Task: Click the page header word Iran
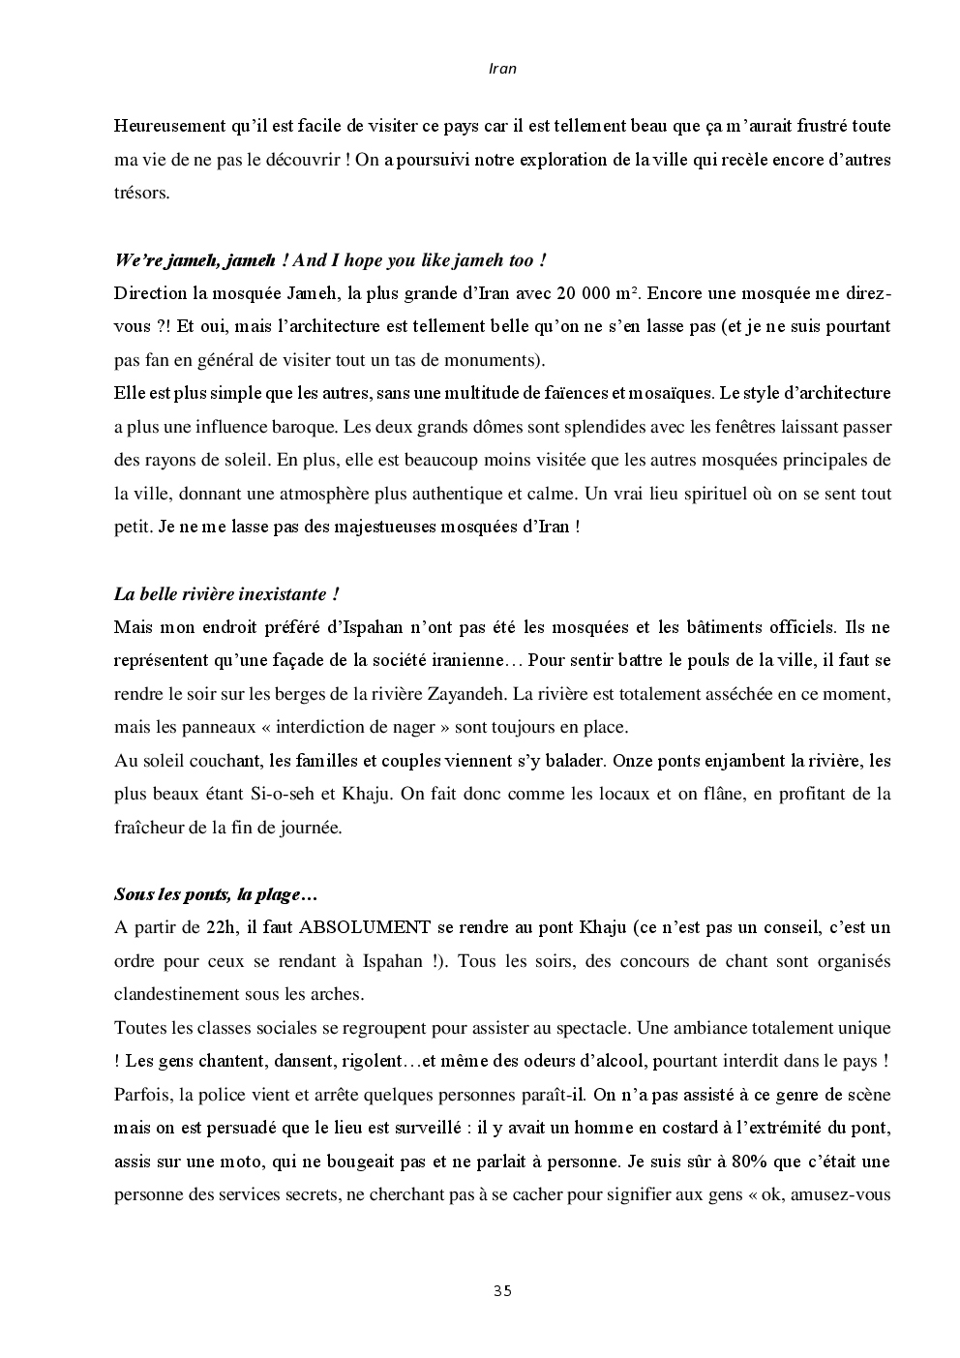[x=502, y=69]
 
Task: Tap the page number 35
[x=502, y=1290]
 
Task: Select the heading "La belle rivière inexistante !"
[x=226, y=593]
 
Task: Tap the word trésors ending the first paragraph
[x=141, y=193]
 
